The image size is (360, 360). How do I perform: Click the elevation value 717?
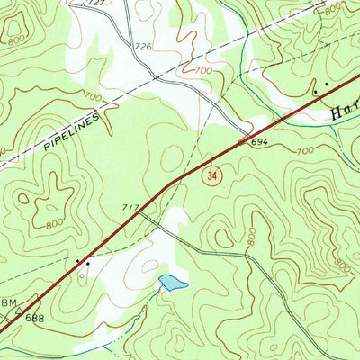130,208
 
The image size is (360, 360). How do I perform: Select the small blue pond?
173,283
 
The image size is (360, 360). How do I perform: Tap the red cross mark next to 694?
240,142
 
